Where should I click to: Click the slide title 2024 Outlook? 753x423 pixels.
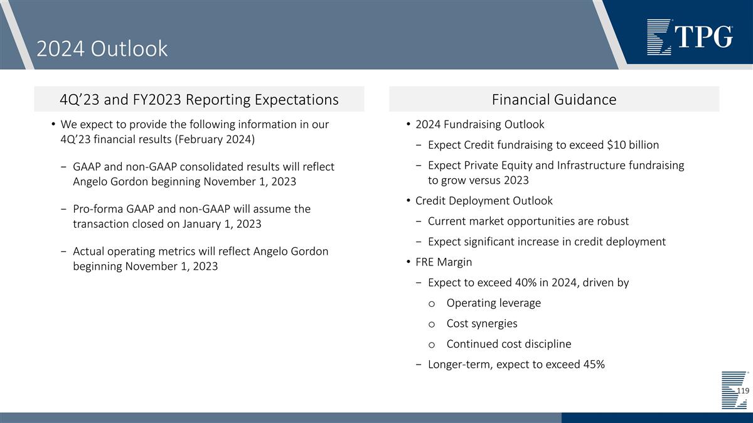tap(102, 48)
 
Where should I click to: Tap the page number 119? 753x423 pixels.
tap(742, 390)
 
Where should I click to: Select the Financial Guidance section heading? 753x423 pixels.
tap(553, 99)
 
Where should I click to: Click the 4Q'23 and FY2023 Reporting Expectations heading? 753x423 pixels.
tap(199, 99)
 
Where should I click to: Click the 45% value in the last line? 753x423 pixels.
tap(593, 365)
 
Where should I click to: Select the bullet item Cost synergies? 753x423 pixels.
tap(481, 323)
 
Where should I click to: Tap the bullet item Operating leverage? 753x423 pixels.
tap(493, 303)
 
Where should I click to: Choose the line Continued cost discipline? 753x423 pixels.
tap(508, 344)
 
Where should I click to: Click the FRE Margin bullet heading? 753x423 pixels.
tap(443, 262)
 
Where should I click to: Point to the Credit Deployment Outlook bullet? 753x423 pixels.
tap(483, 201)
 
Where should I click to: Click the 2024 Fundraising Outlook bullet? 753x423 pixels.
tap(479, 124)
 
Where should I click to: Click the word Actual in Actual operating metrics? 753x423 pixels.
tap(89, 251)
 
